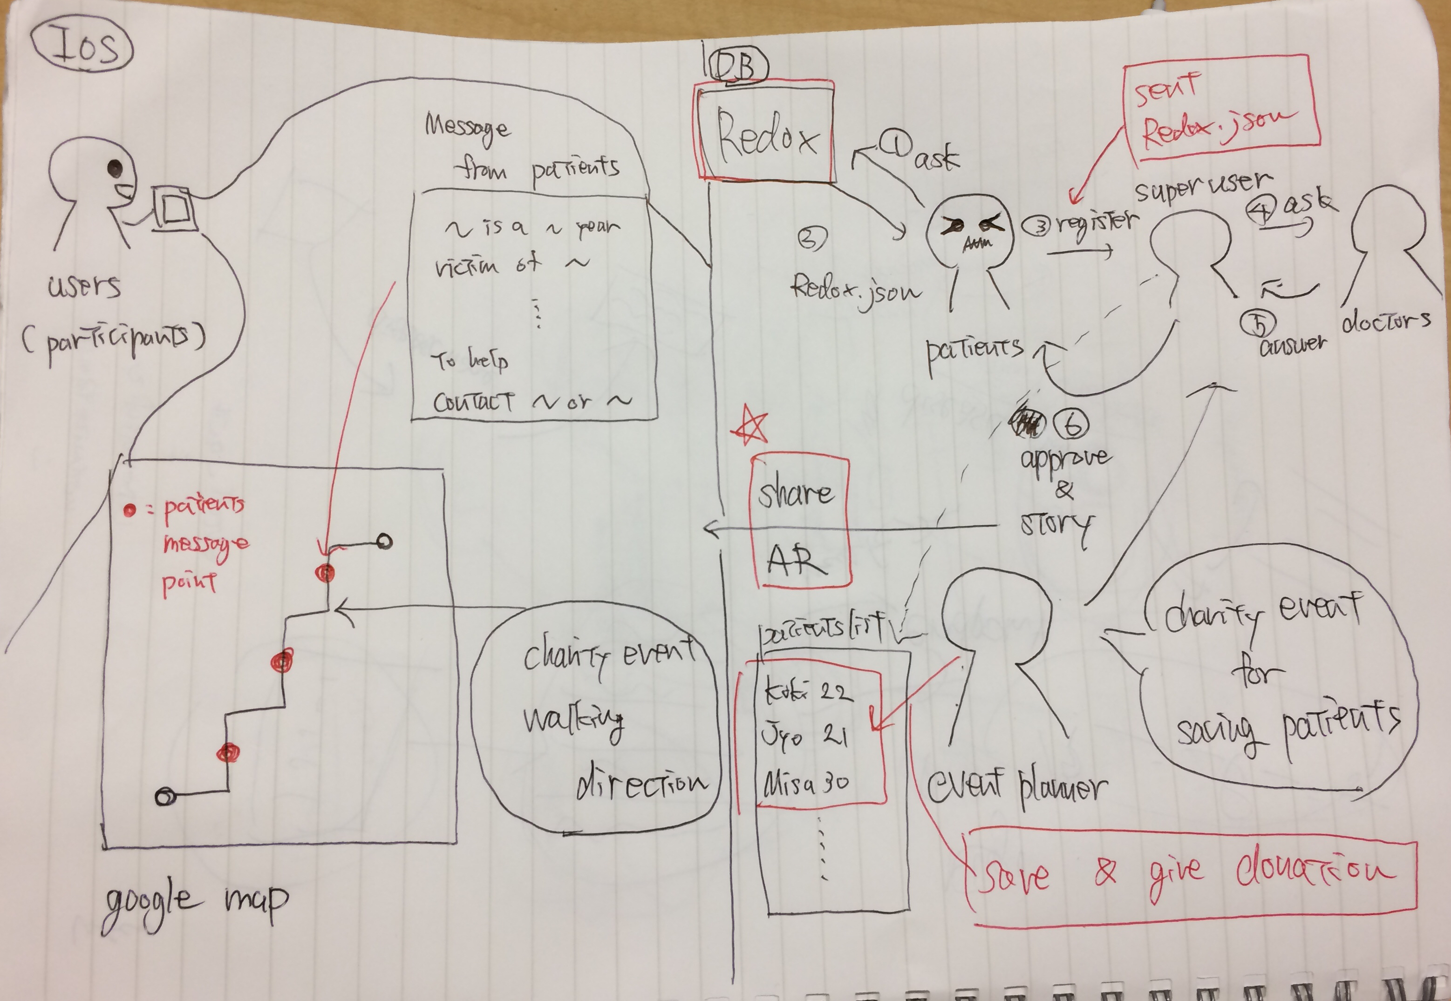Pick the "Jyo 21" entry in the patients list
(804, 734)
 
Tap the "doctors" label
(1385, 321)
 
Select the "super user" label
(1203, 186)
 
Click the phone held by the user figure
(174, 209)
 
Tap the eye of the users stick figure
(115, 168)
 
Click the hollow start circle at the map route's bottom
(165, 797)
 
